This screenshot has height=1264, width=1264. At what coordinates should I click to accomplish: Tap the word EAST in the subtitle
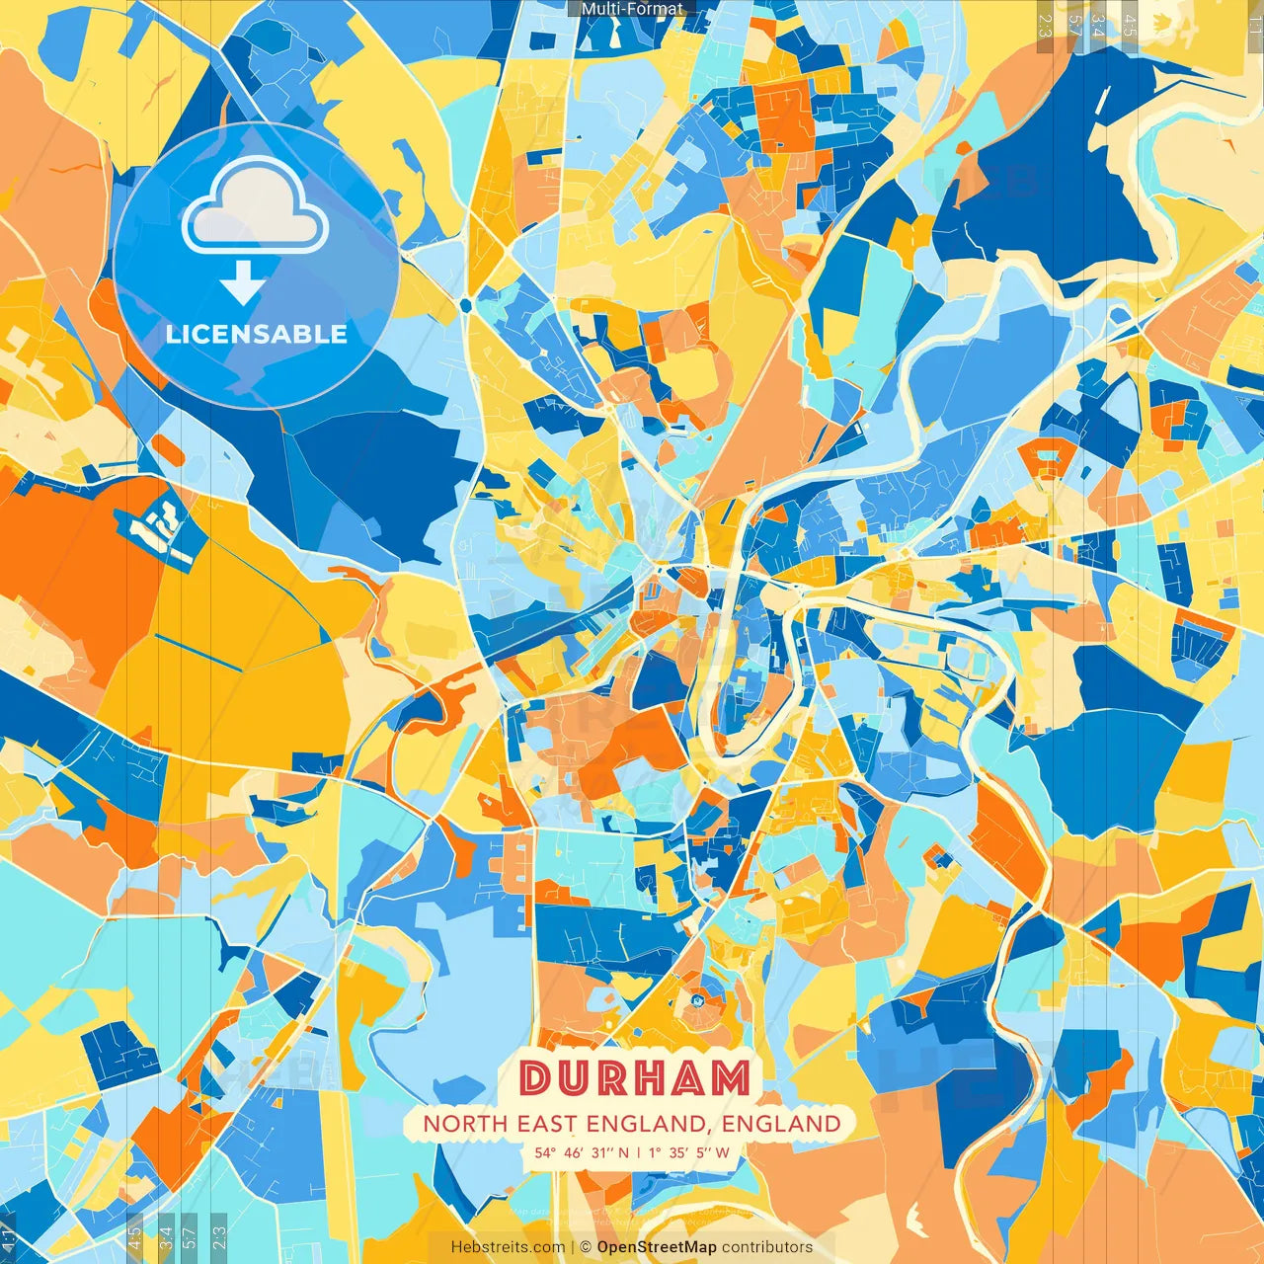coord(546,1124)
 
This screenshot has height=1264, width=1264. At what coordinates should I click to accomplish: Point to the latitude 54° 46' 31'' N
coord(582,1151)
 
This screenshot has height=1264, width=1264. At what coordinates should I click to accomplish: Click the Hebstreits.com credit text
coord(509,1247)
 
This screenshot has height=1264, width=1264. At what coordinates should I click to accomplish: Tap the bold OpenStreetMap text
coord(657,1247)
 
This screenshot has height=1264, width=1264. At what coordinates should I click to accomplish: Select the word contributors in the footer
coord(767,1247)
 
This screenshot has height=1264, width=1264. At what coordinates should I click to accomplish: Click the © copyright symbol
coord(586,1247)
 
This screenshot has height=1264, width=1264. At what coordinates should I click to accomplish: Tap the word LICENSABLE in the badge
coord(257,334)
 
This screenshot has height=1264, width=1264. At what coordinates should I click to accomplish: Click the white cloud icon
coord(255,205)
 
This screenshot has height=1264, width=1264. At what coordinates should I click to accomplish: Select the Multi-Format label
coord(632,9)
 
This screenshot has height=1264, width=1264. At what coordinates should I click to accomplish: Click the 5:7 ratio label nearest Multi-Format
coord(1075,26)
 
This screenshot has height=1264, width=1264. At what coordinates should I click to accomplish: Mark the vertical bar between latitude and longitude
coord(639,1151)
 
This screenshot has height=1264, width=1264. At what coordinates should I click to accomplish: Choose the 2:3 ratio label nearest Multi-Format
coord(1046,26)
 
